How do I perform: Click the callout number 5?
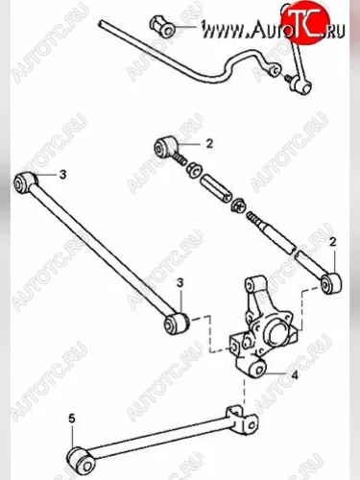pyautogui.click(x=72, y=419)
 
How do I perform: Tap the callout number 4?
pyautogui.click(x=295, y=374)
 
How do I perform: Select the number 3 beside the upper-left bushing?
pyautogui.click(x=62, y=175)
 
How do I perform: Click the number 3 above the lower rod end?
pyautogui.click(x=180, y=283)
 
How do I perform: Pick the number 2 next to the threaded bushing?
pyautogui.click(x=209, y=144)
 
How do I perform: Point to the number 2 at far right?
pyautogui.click(x=333, y=242)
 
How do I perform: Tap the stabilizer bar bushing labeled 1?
pyautogui.click(x=162, y=27)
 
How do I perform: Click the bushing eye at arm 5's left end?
pyautogui.click(x=82, y=460)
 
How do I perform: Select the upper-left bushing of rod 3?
pyautogui.click(x=25, y=182)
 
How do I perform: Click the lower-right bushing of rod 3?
pyautogui.click(x=177, y=324)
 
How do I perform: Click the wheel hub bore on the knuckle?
pyautogui.click(x=277, y=334)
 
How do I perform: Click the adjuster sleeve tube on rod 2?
pyautogui.click(x=215, y=188)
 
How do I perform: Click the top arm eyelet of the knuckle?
pyautogui.click(x=252, y=284)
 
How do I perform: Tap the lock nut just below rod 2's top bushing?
pyautogui.click(x=193, y=168)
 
